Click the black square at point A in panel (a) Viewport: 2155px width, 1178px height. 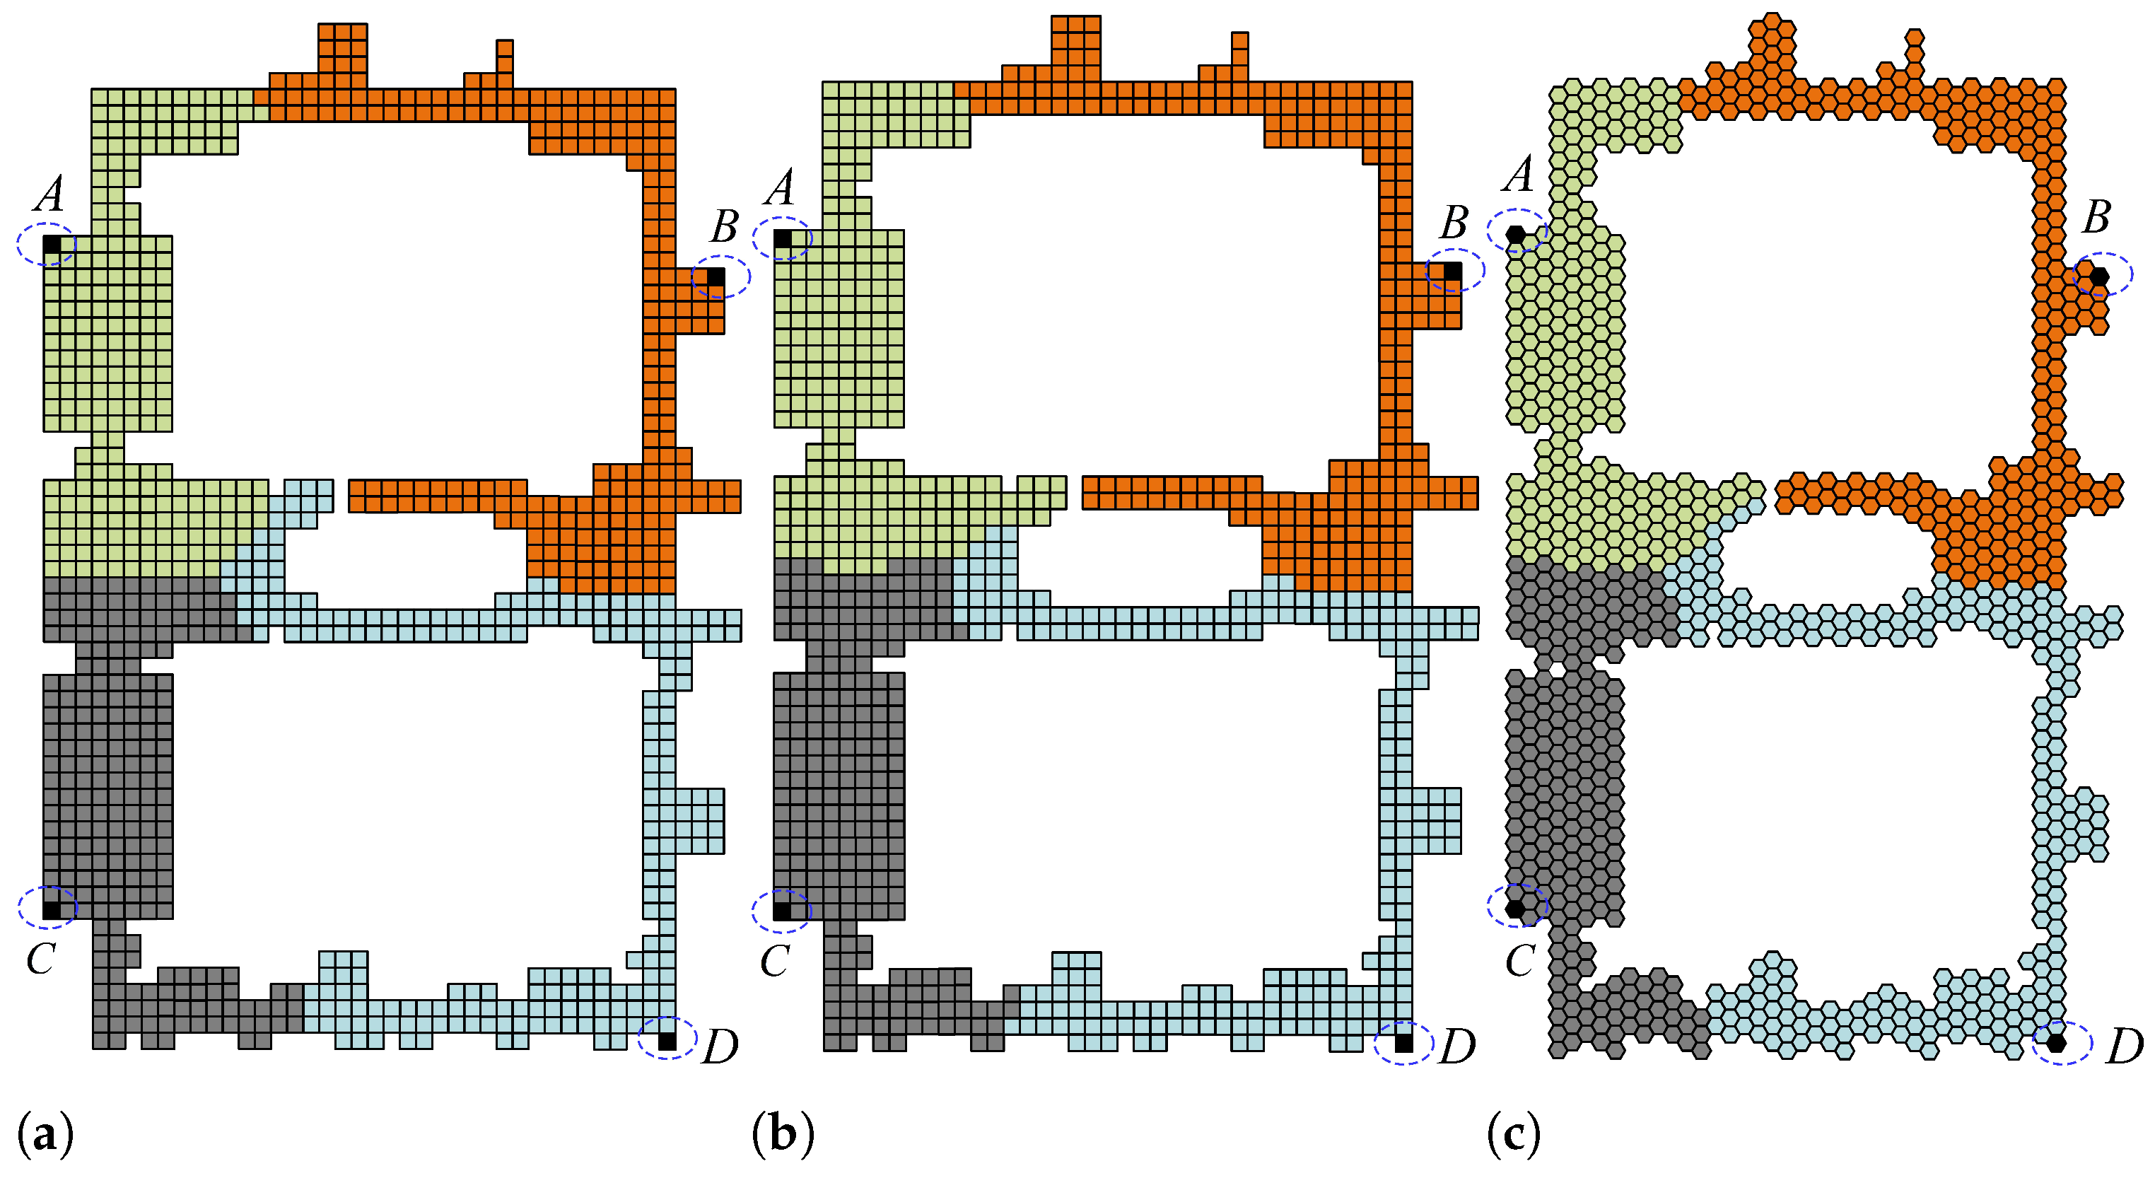pos(51,243)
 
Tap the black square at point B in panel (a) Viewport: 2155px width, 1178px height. pos(716,276)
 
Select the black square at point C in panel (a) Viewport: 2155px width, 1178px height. pos(51,909)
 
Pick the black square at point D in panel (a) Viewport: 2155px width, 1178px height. pos(667,1041)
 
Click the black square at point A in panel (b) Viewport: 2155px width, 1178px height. pos(782,239)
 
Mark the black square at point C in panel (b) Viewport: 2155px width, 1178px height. pos(782,910)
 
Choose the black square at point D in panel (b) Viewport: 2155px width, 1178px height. pos(1403,1043)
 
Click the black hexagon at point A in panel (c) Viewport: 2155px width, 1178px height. pos(1516,235)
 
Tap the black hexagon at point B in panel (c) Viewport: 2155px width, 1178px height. pos(2099,275)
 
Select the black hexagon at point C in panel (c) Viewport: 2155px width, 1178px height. pos(1515,908)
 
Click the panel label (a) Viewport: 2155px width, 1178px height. pos(45,1134)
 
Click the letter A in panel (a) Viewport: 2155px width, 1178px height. pos(50,194)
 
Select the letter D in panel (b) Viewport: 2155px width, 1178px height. pos(1456,1046)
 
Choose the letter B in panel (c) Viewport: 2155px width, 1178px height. pos(2096,218)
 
